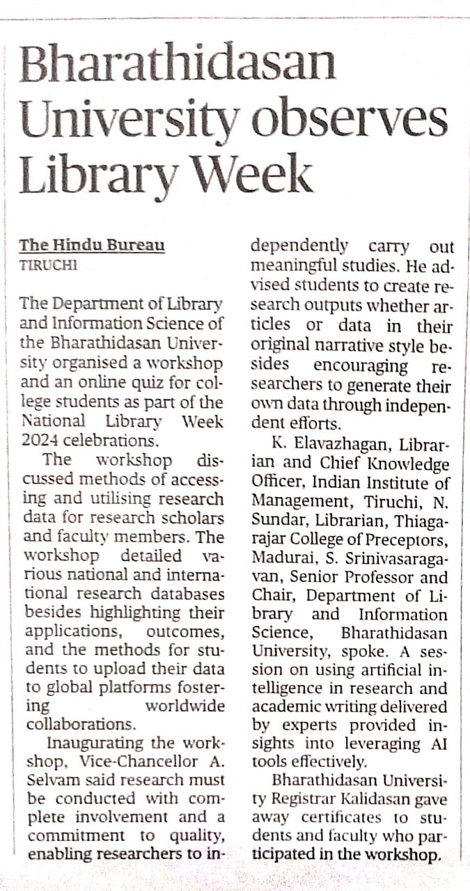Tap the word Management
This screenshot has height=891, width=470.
[296, 501]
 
